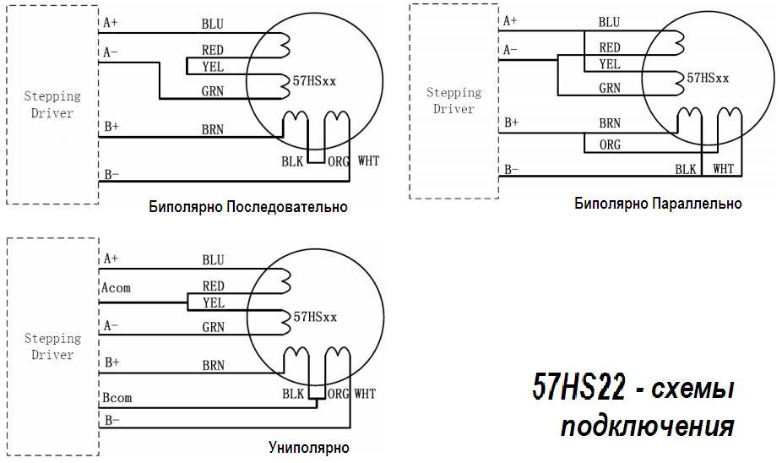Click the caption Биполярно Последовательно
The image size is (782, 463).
pos(247,207)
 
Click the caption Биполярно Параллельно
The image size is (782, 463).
pos(658,204)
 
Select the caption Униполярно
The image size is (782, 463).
pos(308,447)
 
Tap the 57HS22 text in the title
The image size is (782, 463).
pos(578,389)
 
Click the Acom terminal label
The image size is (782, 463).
pos(116,288)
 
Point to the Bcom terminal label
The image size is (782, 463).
pos(117,398)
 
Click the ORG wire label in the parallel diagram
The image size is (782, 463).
pos(610,144)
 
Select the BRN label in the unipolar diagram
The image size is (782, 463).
pos(213,366)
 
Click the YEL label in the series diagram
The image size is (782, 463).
pos(213,67)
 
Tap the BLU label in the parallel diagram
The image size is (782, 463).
pos(609,22)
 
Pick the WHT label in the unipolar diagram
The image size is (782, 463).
pos(365,394)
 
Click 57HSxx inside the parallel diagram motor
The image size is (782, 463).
pos(708,78)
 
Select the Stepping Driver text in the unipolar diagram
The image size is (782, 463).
pos(52,346)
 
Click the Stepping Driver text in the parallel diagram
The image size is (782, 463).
pos(453,101)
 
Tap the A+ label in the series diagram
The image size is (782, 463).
pos(111,21)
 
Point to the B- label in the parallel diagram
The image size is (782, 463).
pos(512,169)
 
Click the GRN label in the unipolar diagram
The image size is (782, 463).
pos(213,326)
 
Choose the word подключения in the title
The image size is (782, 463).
pos(647,426)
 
